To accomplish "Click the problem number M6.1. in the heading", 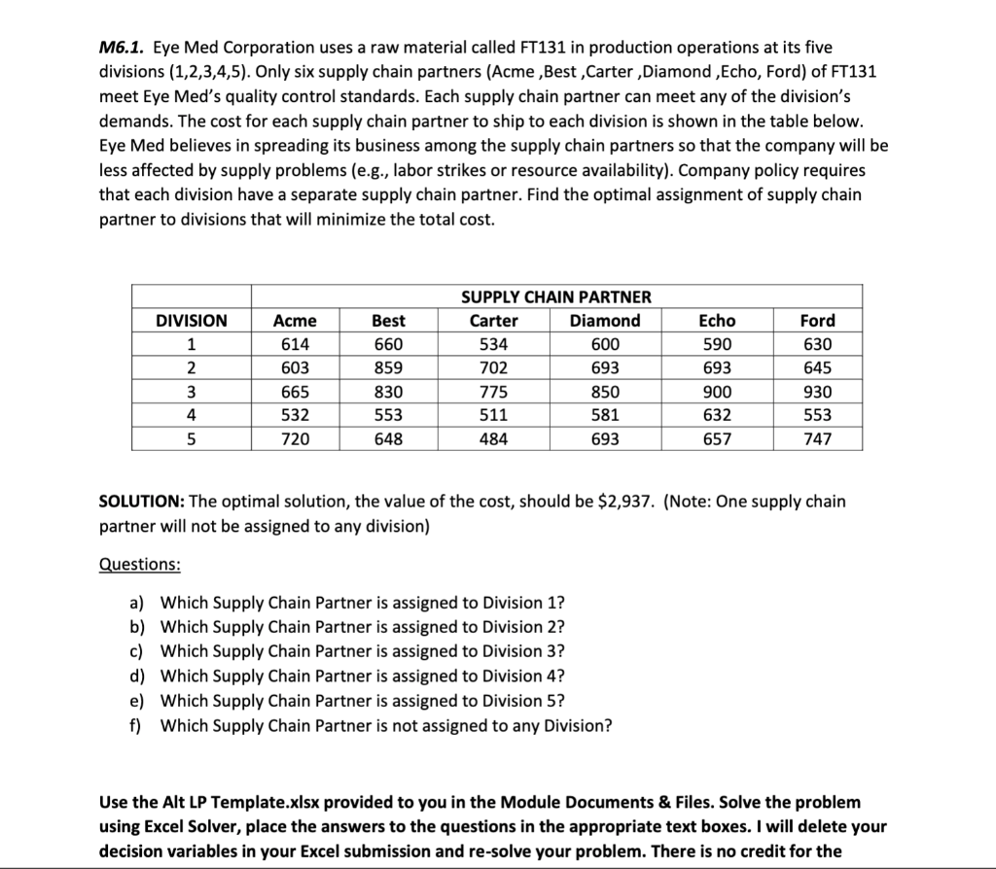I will point(123,47).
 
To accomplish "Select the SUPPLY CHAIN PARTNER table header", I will point(556,296).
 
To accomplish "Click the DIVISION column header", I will point(192,321).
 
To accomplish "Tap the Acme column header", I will point(296,321).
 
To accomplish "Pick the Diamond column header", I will point(605,321).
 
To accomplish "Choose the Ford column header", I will point(817,321).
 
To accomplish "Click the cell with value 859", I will point(389,368).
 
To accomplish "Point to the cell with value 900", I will point(718,392).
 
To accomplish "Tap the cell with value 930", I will point(817,392).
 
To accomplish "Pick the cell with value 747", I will point(817,439).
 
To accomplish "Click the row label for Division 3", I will point(192,392).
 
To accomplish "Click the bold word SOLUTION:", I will point(142,502).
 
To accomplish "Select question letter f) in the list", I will point(137,724).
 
